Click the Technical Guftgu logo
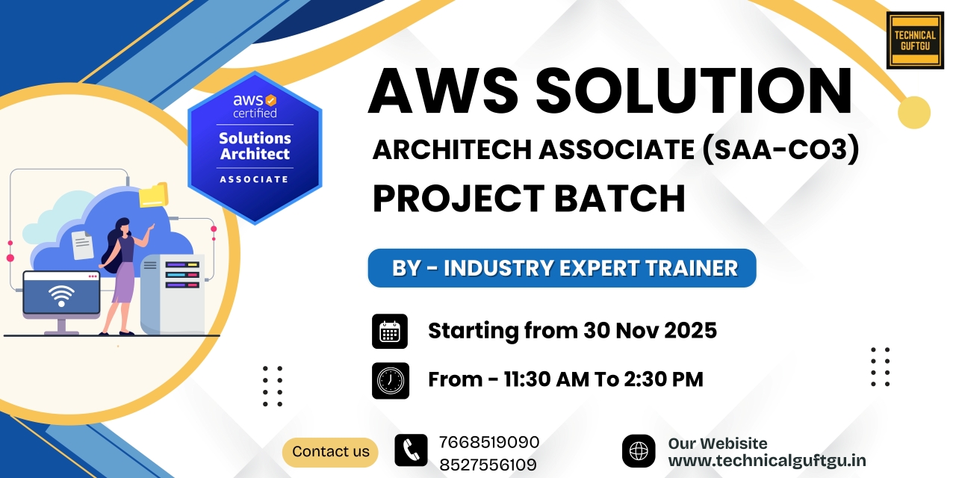click(x=915, y=40)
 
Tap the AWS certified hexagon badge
click(x=255, y=147)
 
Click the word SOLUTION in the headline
click(x=694, y=90)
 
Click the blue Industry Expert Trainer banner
click(x=562, y=268)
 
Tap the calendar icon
click(x=390, y=331)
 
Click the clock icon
click(x=390, y=380)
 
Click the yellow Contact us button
click(x=330, y=452)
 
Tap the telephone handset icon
click(x=411, y=451)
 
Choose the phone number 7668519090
click(x=489, y=442)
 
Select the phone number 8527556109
click(x=488, y=465)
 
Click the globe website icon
click(x=639, y=451)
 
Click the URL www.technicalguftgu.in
click(x=767, y=461)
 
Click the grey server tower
click(x=173, y=294)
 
